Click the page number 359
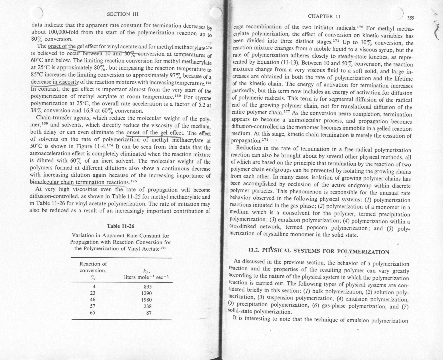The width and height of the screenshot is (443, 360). tap(411, 18)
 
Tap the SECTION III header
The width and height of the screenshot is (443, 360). tap(123, 14)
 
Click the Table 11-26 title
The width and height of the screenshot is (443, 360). tap(120, 226)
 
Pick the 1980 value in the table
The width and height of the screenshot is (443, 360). tap(146, 300)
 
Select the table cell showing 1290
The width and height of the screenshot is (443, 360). tap(146, 293)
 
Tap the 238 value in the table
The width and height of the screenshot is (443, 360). tap(148, 306)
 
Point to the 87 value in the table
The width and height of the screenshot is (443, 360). tap(149, 313)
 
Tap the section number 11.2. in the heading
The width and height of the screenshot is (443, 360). tap(254, 250)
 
